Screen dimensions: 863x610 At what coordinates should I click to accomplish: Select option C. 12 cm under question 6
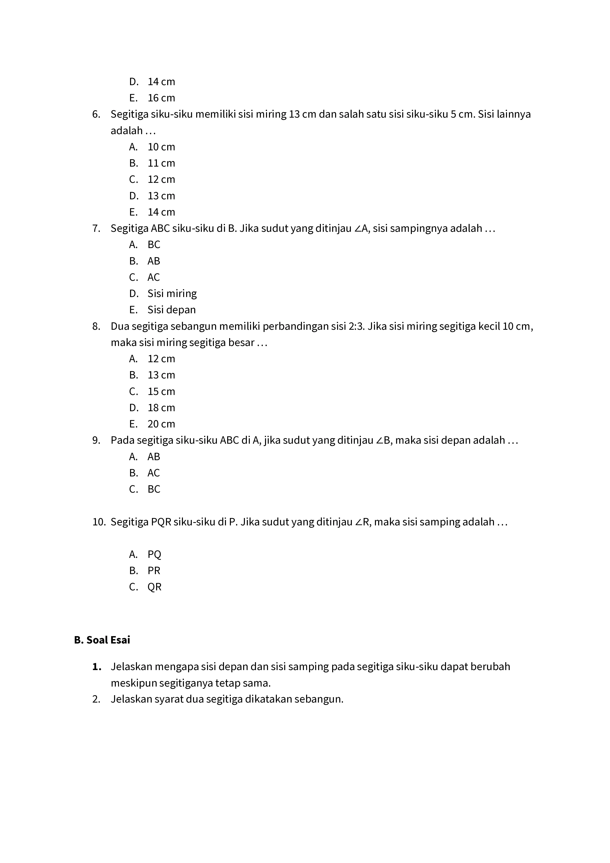pyautogui.click(x=152, y=179)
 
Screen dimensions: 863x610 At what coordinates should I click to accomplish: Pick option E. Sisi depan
pyautogui.click(x=162, y=310)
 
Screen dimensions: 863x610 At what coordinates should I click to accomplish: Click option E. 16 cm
pyautogui.click(x=152, y=98)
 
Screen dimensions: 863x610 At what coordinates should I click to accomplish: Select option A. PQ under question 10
pyautogui.click(x=145, y=554)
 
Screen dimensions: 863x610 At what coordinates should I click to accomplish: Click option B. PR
pyautogui.click(x=145, y=571)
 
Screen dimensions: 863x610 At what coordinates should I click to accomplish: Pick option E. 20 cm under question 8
pyautogui.click(x=152, y=424)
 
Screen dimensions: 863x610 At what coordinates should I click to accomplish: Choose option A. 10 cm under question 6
pyautogui.click(x=152, y=147)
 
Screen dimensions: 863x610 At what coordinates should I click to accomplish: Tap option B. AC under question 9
pyautogui.click(x=145, y=473)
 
